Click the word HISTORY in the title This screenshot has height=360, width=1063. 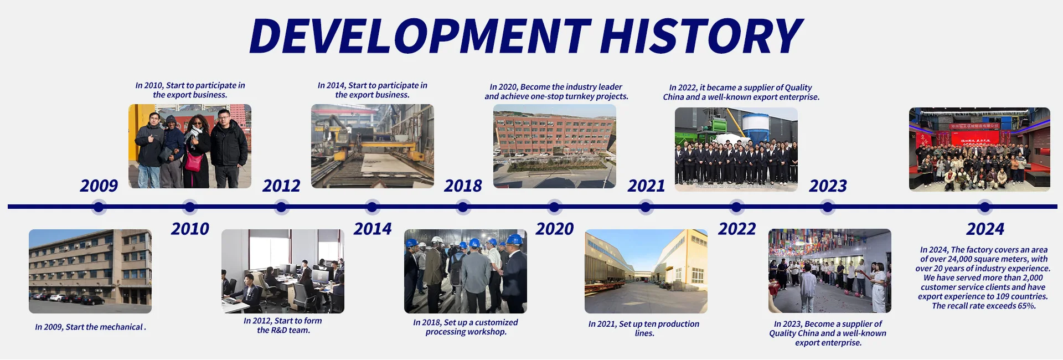[701, 35]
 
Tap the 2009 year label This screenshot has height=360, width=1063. [99, 186]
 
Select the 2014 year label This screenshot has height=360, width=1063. [373, 229]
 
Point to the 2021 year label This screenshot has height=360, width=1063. [646, 186]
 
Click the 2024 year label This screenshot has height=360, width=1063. [985, 229]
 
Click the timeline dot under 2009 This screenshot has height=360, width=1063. [99, 207]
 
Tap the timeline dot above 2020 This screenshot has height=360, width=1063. [554, 207]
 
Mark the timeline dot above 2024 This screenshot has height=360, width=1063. [985, 207]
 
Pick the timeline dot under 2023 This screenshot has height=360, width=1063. [828, 207]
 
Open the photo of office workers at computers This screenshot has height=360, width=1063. [283, 271]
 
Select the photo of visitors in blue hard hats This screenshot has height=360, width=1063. [466, 271]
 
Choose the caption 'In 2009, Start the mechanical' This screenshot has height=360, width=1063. [90, 327]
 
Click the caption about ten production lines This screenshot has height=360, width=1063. [644, 328]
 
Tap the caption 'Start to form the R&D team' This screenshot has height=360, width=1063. [283, 326]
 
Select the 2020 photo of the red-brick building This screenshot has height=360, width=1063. [555, 146]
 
